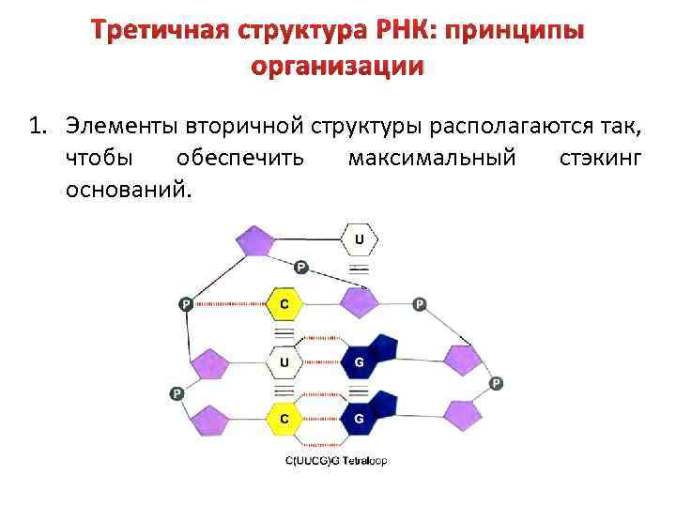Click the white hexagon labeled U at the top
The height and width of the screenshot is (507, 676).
pos(358,240)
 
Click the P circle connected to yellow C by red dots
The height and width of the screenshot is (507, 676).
pos(186,304)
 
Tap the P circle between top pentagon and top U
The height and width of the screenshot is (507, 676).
pos(300,267)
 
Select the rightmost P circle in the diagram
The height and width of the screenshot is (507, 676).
pos(496,383)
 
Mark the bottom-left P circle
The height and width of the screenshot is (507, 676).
pos(175,392)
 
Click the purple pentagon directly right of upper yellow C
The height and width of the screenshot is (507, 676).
pos(358,302)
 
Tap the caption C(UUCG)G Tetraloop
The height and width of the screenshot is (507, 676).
pos(336,461)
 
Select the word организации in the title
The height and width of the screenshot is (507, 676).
pos(338,67)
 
